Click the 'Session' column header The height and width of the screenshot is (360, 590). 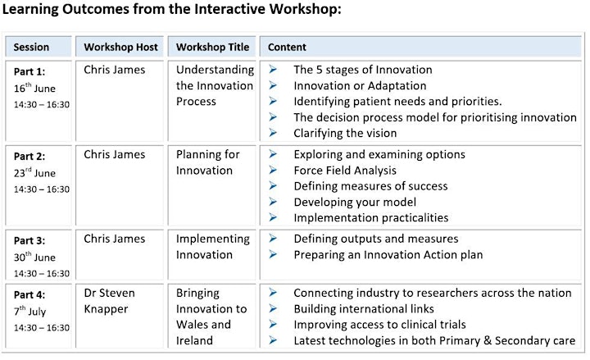tap(31, 47)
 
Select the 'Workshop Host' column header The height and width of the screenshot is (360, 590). tap(120, 47)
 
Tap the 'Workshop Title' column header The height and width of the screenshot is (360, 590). tap(212, 47)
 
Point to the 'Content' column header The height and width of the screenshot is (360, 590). tap(287, 47)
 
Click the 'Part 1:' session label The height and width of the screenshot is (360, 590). tap(29, 71)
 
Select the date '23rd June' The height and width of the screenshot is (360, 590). tap(34, 173)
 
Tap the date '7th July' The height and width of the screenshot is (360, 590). tap(29, 312)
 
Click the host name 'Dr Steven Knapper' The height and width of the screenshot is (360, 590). tap(109, 301)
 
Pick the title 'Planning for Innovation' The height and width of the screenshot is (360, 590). tap(207, 162)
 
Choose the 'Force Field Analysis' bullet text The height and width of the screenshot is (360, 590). tap(345, 171)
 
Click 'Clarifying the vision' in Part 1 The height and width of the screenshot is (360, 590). tap(345, 133)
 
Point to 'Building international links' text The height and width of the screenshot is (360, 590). tap(364, 309)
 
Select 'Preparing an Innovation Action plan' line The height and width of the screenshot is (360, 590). tap(388, 254)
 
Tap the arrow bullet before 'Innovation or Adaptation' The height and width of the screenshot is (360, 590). tap(273, 85)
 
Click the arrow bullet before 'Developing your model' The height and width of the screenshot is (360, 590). tap(273, 202)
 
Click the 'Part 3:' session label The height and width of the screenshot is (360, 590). tap(29, 240)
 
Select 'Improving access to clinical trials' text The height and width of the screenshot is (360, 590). tap(379, 325)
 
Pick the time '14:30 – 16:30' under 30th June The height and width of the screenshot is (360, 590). tap(42, 274)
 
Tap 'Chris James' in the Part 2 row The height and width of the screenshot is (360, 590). tap(115, 154)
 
